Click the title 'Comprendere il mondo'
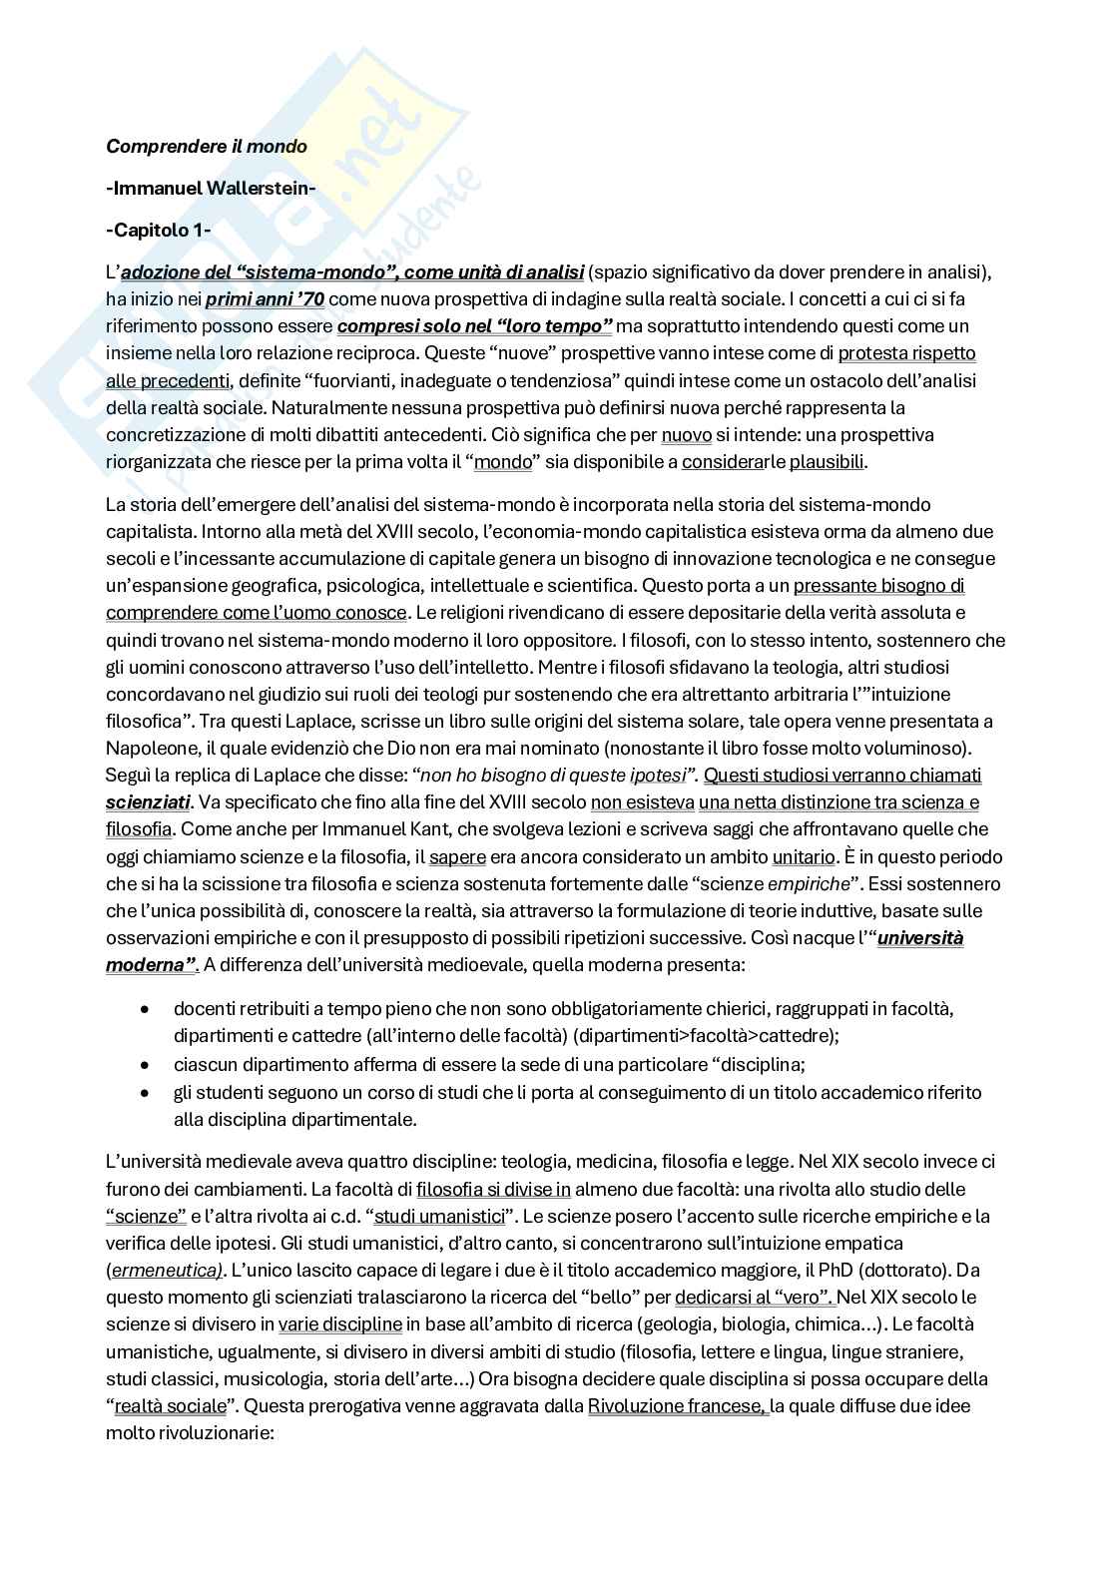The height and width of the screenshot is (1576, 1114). [207, 147]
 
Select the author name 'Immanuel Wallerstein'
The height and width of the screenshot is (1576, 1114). [211, 189]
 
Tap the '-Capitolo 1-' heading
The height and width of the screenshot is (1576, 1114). [158, 231]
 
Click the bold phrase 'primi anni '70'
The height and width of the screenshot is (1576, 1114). [266, 298]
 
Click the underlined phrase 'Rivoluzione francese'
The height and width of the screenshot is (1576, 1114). [677, 1406]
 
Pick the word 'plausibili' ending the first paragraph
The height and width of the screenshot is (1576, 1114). [828, 462]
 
